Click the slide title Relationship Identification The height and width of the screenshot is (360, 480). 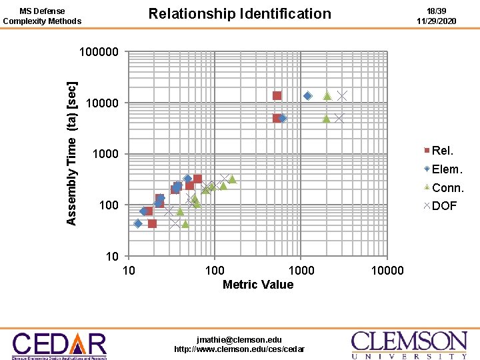(239, 14)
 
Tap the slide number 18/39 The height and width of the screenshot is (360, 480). (436, 11)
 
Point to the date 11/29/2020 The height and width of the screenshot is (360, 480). (436, 21)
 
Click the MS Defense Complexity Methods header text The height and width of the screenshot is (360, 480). (42, 16)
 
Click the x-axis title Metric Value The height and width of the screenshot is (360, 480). (257, 285)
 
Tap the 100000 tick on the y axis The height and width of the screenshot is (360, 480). (99, 52)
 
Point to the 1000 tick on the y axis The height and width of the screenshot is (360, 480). (105, 154)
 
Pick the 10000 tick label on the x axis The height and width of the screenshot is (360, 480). (387, 270)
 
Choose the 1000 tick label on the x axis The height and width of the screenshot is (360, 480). (301, 270)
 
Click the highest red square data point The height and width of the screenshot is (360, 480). (277, 96)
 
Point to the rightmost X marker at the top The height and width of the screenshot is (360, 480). (342, 96)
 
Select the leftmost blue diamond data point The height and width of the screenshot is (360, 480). (137, 223)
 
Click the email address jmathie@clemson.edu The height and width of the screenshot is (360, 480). (239, 339)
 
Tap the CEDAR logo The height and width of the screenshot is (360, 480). (59, 345)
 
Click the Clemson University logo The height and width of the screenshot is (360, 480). (409, 345)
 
